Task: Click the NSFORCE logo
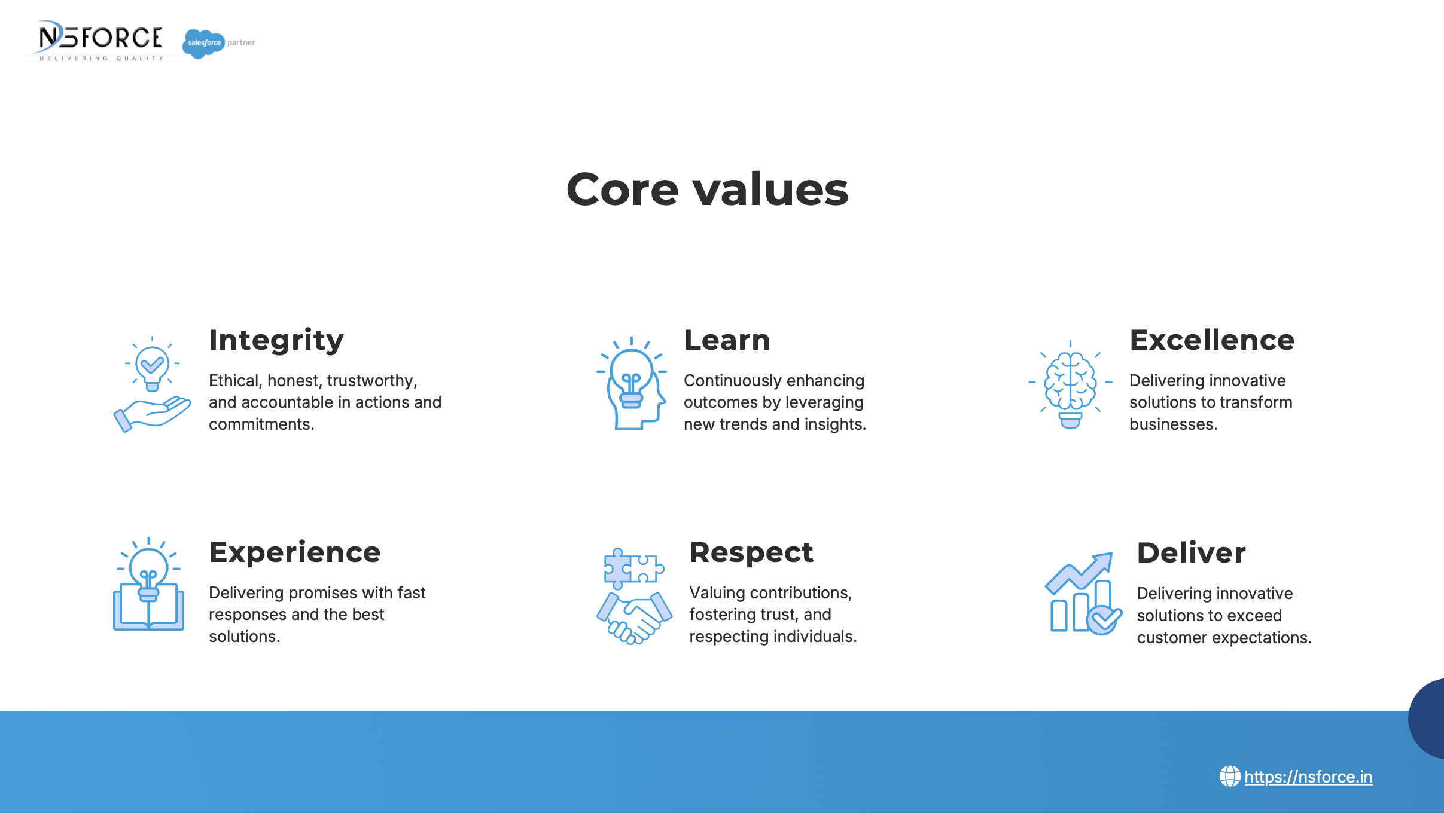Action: pyautogui.click(x=100, y=41)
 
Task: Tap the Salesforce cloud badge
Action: pyautogui.click(x=203, y=43)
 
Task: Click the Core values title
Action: pyautogui.click(x=707, y=190)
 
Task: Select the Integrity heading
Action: pyautogui.click(x=276, y=341)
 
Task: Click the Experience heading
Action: pyautogui.click(x=295, y=553)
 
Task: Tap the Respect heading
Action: pyautogui.click(x=751, y=553)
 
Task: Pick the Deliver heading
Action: pyautogui.click(x=1191, y=552)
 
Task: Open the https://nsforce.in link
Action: pyautogui.click(x=1308, y=777)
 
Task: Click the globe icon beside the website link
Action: pyautogui.click(x=1230, y=777)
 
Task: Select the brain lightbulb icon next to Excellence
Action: pyautogui.click(x=1070, y=384)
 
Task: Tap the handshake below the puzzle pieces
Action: pyautogui.click(x=634, y=618)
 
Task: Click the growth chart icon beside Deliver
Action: pyautogui.click(x=1083, y=594)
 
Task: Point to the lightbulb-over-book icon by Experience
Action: pyautogui.click(x=148, y=584)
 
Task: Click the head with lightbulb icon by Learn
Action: pyautogui.click(x=632, y=383)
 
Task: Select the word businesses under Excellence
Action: pyautogui.click(x=1173, y=424)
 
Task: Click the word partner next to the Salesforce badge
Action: pyautogui.click(x=241, y=43)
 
